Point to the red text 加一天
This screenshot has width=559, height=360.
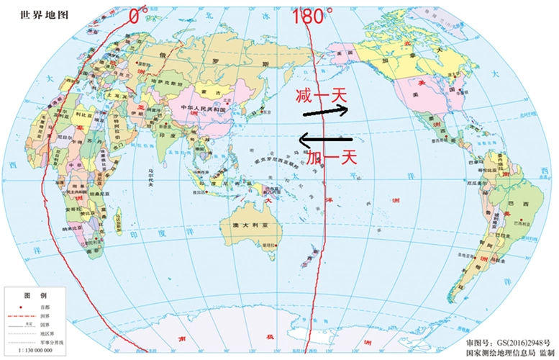click(327, 153)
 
